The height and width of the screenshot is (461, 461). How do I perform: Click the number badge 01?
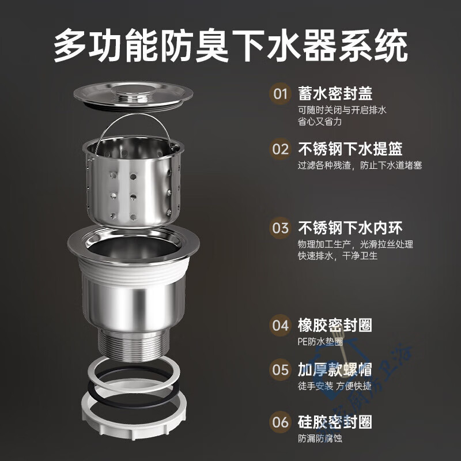coord(281,93)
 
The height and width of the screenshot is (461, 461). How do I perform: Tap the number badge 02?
coord(281,149)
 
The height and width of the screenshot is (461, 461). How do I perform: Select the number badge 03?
coord(281,228)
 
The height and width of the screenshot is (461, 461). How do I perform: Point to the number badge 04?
coord(281,325)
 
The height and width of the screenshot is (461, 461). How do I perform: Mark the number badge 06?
coord(281,422)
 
